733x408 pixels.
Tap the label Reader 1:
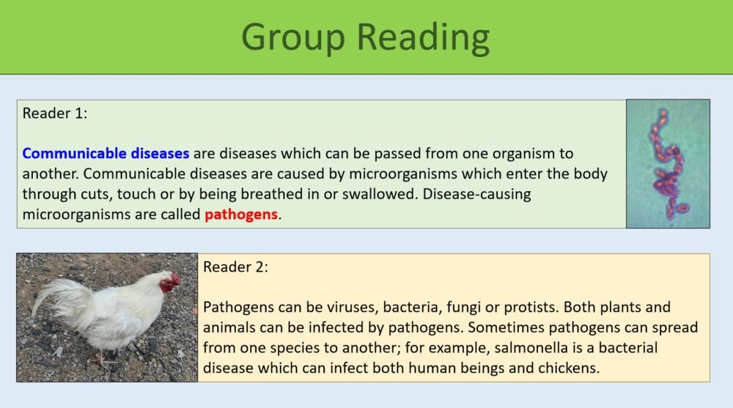point(55,114)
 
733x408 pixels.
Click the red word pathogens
point(242,215)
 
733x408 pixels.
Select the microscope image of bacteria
point(668,163)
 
